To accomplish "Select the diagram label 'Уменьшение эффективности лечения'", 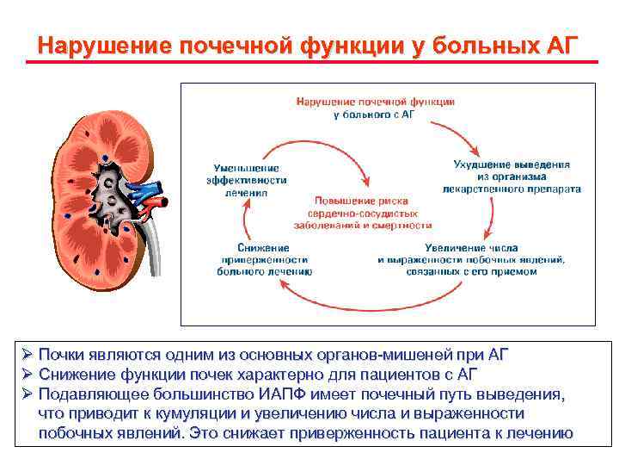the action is click(248, 180).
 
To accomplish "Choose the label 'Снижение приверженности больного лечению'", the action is click(265, 258).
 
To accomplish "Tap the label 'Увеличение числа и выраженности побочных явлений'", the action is click(471, 258).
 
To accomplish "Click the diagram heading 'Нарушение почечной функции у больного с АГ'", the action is click(376, 108).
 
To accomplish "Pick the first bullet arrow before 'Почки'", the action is click(28, 354).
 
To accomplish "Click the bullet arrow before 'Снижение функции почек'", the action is click(28, 375).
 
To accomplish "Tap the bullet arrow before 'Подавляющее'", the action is click(28, 394).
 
